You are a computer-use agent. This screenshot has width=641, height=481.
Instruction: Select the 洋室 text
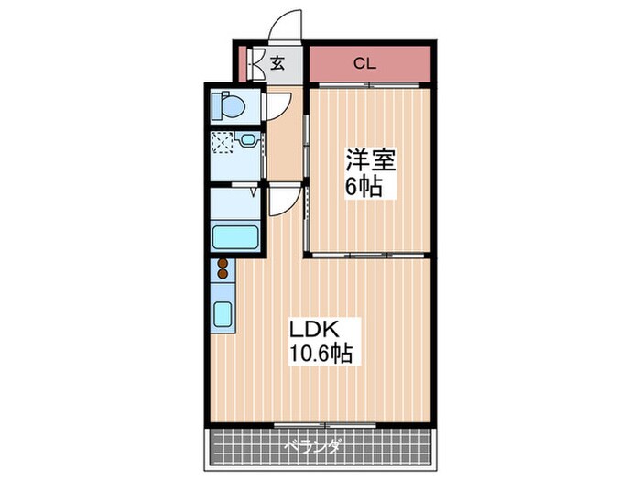[x=370, y=161]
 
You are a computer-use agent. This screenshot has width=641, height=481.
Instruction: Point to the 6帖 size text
[x=364, y=187]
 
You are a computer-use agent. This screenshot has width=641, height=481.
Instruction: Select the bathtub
[x=237, y=235]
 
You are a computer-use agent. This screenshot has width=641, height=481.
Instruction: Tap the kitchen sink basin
[x=223, y=314]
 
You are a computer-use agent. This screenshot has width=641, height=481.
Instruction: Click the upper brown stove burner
[x=223, y=264]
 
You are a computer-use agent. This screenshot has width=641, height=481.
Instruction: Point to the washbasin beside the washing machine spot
[x=245, y=140]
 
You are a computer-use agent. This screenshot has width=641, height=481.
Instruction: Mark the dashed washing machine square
[x=223, y=143]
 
